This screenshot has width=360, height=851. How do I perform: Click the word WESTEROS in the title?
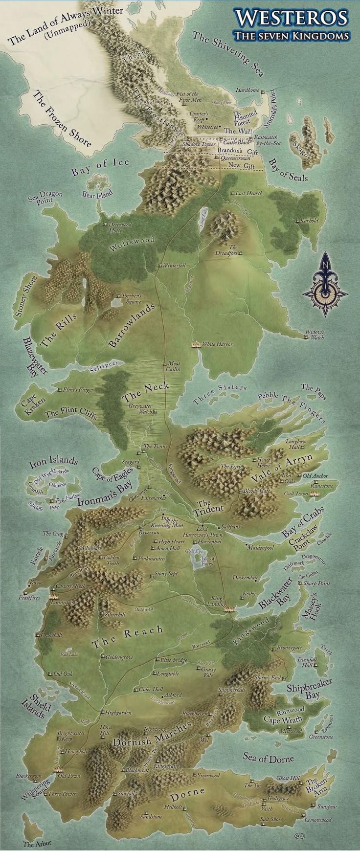click(292, 18)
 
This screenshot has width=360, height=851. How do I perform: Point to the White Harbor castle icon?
click(196, 344)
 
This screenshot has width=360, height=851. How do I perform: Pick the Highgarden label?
click(118, 713)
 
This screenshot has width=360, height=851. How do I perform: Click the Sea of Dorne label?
click(269, 758)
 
